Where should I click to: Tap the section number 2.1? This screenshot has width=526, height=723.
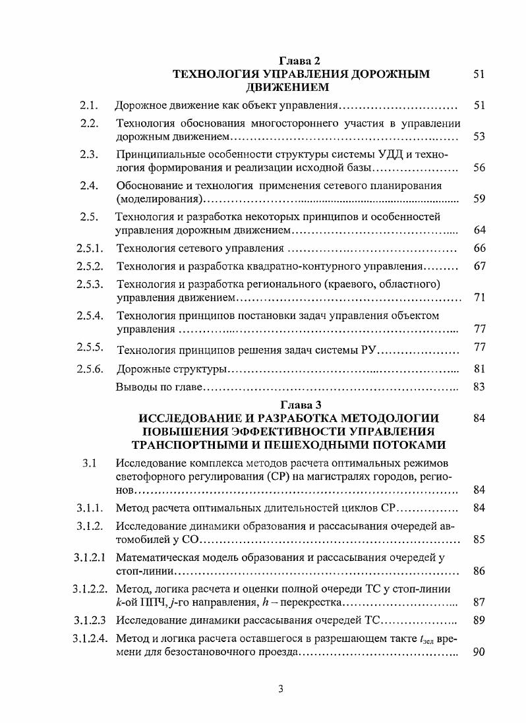coord(89,105)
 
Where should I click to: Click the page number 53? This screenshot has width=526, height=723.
coord(479,136)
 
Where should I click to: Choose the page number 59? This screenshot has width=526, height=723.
coord(479,199)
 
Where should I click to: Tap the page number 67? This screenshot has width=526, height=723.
coord(479,266)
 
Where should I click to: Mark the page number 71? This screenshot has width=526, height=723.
coord(479,298)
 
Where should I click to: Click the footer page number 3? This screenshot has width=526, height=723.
coord(281,689)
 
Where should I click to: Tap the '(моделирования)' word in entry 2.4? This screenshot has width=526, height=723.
coord(158,199)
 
